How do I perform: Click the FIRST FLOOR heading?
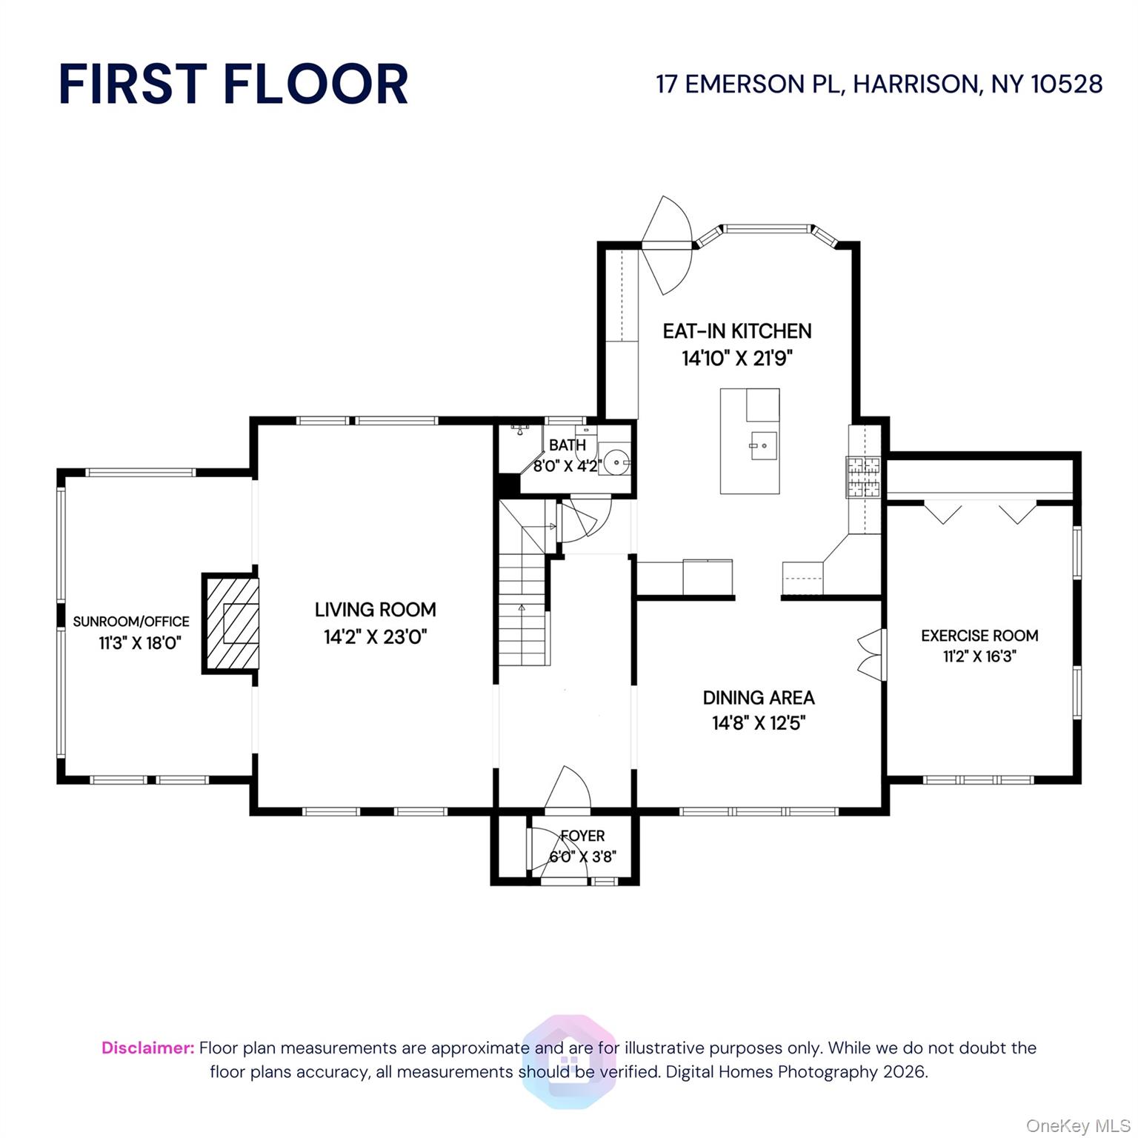coord(233,84)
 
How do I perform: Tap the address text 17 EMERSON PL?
coord(748,84)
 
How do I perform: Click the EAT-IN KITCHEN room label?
coord(737,331)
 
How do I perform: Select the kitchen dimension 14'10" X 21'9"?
coord(737,359)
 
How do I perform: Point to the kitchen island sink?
coord(764,446)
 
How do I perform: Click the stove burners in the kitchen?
coord(863,476)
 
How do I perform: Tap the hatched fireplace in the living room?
coord(231,623)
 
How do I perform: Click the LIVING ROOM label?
coord(376,610)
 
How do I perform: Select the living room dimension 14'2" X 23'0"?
coord(376,637)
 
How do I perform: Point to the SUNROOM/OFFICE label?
coord(131,622)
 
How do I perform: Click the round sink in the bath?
coord(616,462)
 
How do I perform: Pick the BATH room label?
coord(568,445)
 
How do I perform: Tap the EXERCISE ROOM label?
coord(979,636)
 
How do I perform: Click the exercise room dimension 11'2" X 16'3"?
coord(979,656)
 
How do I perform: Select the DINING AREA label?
coord(759,698)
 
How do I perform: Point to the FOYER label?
coord(582,836)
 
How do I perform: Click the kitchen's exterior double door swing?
coord(668,245)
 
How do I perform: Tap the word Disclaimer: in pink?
coord(148,1048)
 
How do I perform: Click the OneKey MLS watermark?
coord(1078,1126)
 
